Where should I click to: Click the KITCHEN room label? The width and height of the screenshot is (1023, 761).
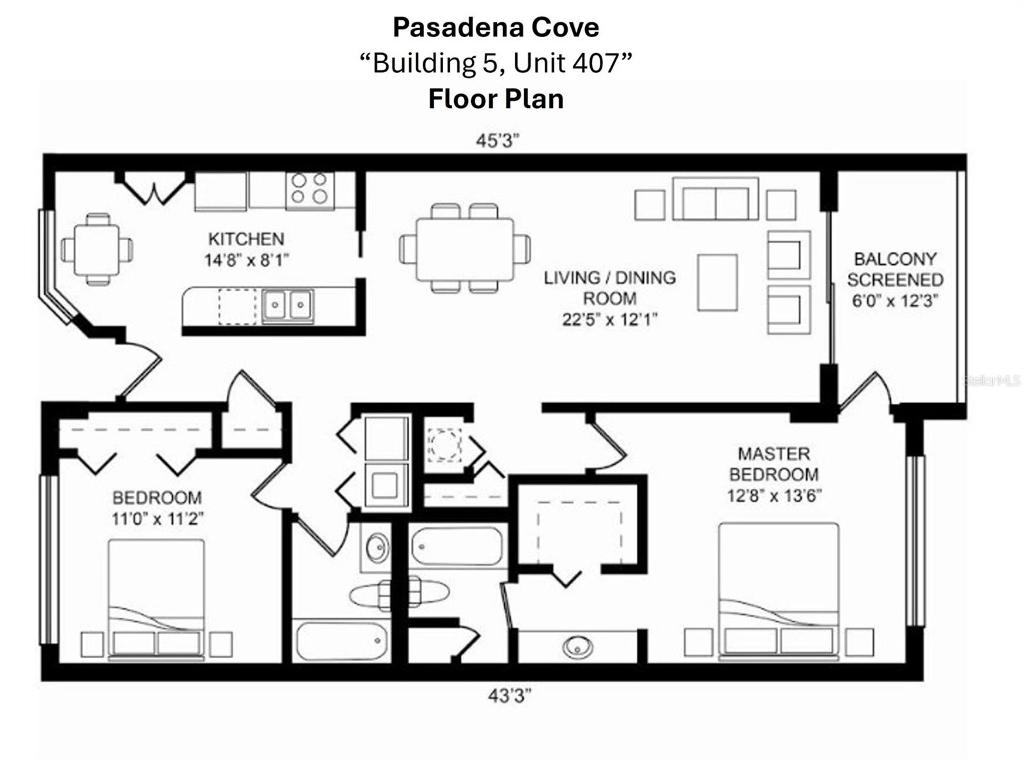point(246,239)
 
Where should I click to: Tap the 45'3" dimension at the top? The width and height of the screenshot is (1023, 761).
point(497,141)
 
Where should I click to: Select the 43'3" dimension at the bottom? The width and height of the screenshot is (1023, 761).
point(510,695)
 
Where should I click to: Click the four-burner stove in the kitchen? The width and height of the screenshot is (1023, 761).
point(309,189)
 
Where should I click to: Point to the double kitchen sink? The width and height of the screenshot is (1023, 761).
point(287,305)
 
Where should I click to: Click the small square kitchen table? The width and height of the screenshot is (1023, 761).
point(97,249)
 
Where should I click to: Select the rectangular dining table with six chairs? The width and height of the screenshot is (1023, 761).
point(465,249)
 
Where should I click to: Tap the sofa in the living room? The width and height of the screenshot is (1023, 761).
point(715,200)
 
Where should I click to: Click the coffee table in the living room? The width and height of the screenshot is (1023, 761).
point(717,282)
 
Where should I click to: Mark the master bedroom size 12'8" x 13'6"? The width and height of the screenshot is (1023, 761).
point(774,496)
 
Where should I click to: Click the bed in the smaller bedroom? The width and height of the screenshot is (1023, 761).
point(156,597)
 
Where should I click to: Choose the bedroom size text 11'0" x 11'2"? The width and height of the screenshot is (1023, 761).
point(157,519)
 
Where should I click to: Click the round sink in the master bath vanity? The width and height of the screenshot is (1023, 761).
point(577,647)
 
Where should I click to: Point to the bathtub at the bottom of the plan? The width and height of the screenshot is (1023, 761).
point(342,641)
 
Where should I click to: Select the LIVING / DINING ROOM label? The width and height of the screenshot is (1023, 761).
point(609,288)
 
